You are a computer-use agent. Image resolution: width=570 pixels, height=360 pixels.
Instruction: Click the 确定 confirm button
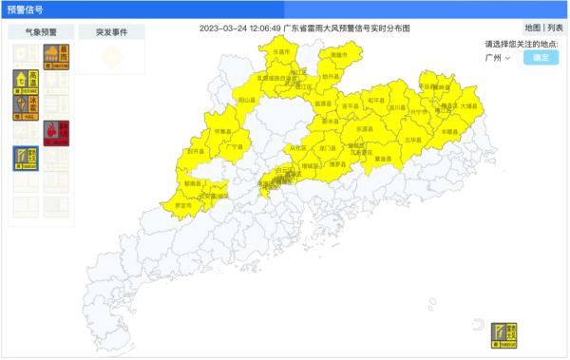point(541,58)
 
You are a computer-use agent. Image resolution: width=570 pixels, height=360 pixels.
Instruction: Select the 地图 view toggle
point(533,28)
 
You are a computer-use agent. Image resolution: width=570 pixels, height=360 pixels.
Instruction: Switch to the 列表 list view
point(555,28)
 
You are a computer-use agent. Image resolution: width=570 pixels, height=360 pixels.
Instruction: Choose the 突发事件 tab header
point(111,31)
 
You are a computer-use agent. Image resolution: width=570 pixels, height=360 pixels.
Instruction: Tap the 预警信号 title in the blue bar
point(27,9)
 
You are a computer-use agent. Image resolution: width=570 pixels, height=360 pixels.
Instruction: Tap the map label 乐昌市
point(281,52)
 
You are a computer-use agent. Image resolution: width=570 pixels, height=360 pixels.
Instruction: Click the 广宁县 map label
point(234,147)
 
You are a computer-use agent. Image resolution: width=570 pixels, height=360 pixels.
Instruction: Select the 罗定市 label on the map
point(181,205)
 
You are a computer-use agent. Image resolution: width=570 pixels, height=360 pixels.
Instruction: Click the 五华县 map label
point(413,140)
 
